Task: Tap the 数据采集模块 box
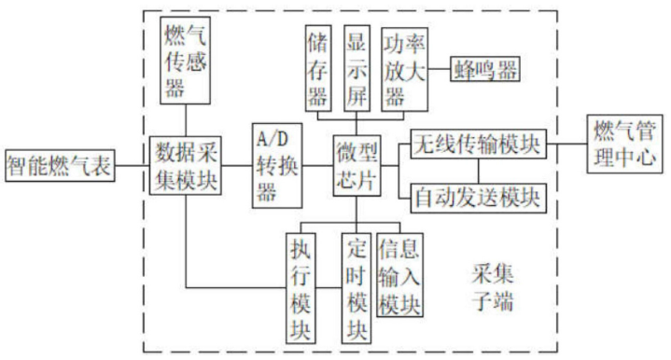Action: tap(187, 165)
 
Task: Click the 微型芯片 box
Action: tap(358, 166)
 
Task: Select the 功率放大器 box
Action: tap(402, 67)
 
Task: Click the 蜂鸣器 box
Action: tap(485, 68)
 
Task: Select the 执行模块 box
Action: tap(302, 286)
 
